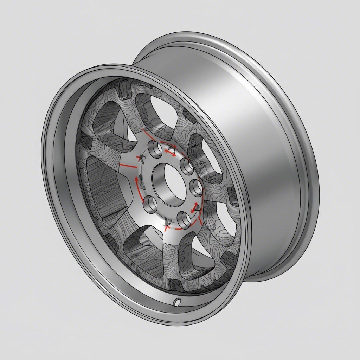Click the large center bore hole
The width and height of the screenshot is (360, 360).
[x=168, y=184]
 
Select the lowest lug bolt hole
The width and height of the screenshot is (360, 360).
[x=184, y=220]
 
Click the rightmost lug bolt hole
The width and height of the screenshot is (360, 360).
[x=195, y=186]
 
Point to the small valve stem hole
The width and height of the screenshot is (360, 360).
[x=178, y=301]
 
